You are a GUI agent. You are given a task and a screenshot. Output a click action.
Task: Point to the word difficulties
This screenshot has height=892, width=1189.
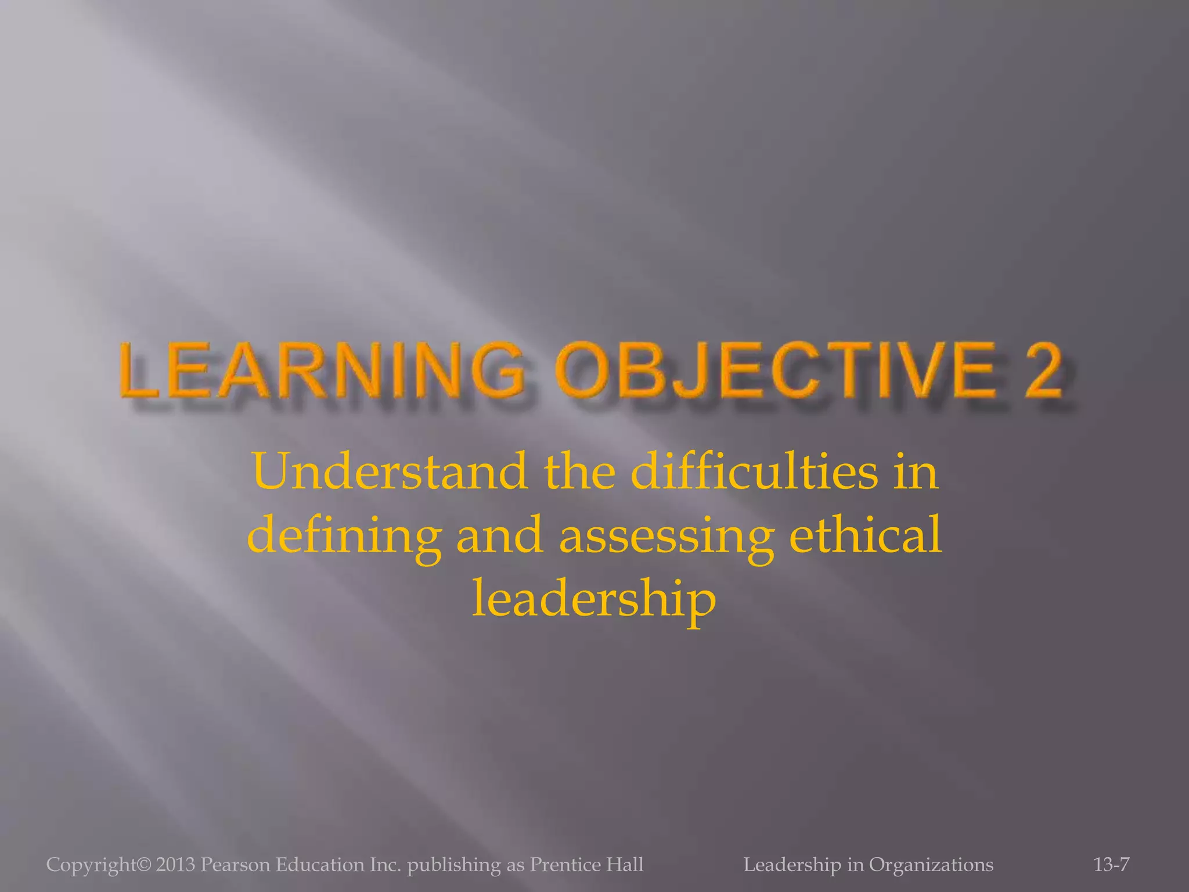pyautogui.click(x=755, y=472)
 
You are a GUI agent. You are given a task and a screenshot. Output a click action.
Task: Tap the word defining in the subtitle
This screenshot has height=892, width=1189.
pyautogui.click(x=344, y=535)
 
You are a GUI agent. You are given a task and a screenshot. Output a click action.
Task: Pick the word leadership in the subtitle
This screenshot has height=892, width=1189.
pyautogui.click(x=594, y=599)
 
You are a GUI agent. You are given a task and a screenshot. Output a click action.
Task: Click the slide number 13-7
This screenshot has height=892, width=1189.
pyautogui.click(x=1111, y=865)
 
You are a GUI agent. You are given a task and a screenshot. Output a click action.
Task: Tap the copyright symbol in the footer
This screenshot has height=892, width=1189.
pyautogui.click(x=145, y=865)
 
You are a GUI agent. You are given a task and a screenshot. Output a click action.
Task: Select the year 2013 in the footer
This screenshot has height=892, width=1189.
pyautogui.click(x=175, y=865)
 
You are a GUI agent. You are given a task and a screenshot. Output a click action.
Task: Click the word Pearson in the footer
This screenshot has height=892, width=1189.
pyautogui.click(x=236, y=865)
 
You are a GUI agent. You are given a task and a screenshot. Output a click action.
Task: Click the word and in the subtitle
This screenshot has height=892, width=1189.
pyautogui.click(x=500, y=535)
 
